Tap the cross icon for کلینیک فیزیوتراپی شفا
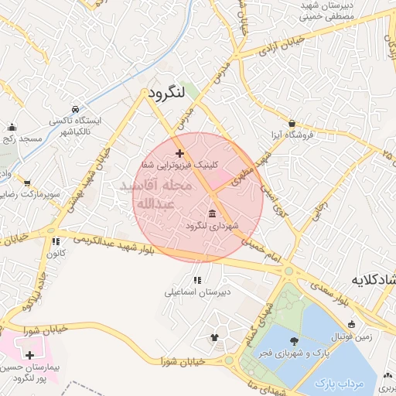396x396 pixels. (180, 154)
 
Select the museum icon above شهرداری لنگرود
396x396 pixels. (212, 213)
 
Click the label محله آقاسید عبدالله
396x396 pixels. (159, 195)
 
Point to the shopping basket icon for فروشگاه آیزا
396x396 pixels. (292, 123)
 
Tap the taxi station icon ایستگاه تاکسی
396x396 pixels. (75, 110)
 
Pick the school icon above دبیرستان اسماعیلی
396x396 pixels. (197, 280)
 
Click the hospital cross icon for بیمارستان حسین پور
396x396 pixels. (29, 356)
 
